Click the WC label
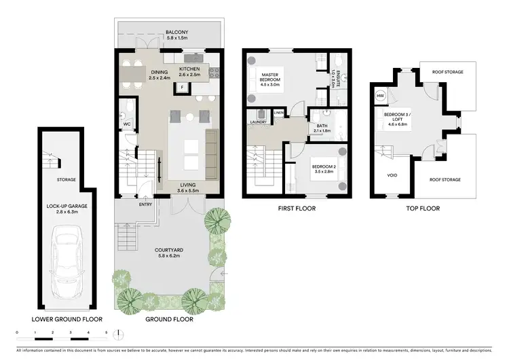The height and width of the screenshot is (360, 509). click(126, 124)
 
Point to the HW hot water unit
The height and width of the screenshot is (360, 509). click(380, 96)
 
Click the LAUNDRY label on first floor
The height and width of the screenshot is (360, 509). click(257, 122)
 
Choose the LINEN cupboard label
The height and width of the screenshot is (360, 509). click(278, 112)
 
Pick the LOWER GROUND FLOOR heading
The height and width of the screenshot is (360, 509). click(62, 318)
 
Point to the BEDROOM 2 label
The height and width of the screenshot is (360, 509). click(323, 166)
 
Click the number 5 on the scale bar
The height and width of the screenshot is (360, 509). click(106, 333)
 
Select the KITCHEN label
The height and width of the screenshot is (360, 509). click(190, 69)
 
